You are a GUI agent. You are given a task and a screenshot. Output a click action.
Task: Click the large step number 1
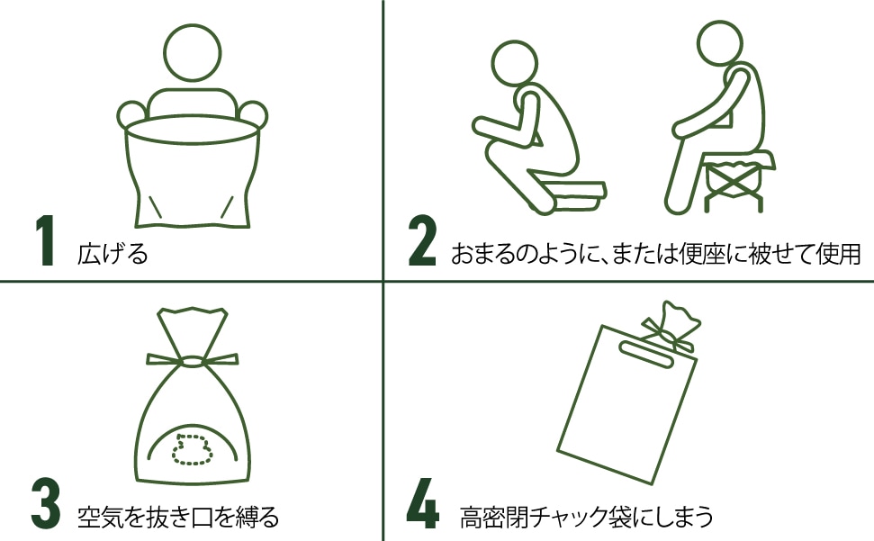click(x=46, y=240)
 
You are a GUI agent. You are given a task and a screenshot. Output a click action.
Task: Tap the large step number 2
click(x=422, y=240)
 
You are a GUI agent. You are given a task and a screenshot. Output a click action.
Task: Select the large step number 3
click(x=45, y=503)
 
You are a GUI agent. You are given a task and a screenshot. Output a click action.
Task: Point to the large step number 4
click(x=422, y=503)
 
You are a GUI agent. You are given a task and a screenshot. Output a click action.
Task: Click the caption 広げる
click(x=113, y=254)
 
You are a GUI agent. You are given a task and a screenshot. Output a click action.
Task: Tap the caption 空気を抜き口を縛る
click(x=178, y=517)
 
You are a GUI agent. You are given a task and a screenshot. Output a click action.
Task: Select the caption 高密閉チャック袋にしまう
click(x=586, y=517)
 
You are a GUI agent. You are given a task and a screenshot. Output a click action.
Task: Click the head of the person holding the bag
click(x=193, y=52)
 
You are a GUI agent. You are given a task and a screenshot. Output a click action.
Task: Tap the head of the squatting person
click(x=515, y=63)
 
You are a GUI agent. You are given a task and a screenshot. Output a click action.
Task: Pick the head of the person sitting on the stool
click(x=719, y=43)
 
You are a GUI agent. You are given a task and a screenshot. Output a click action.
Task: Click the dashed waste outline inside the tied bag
click(x=192, y=449)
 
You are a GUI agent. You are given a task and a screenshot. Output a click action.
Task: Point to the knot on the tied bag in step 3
click(x=193, y=361)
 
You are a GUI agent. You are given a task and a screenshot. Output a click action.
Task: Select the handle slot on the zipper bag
click(x=646, y=355)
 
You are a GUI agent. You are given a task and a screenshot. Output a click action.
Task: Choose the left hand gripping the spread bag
click(x=132, y=115)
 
